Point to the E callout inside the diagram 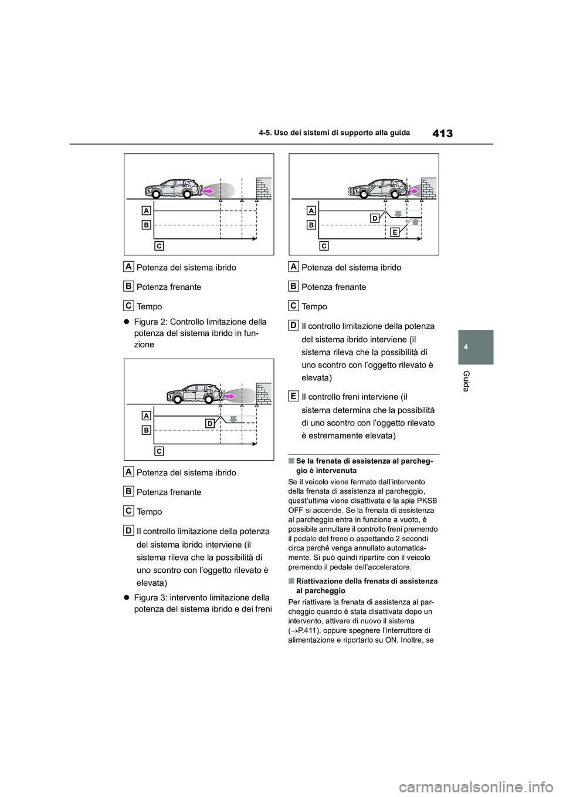[x=395, y=232]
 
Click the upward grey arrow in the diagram [x=415, y=222]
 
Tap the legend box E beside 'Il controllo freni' [x=293, y=396]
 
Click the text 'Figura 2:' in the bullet [x=151, y=322]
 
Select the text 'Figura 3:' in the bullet [x=151, y=597]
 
